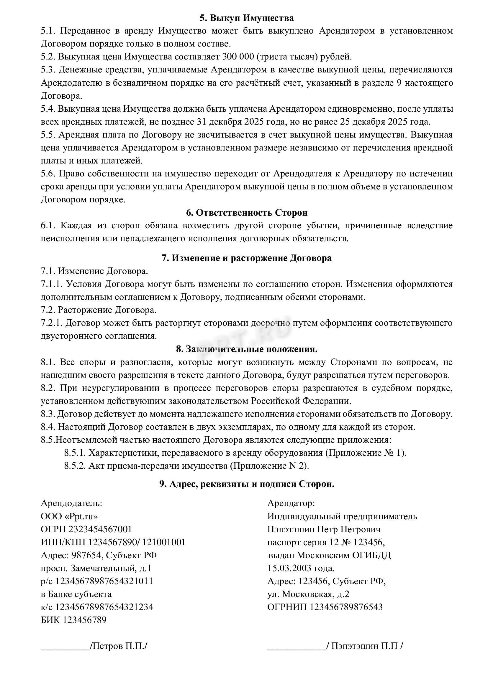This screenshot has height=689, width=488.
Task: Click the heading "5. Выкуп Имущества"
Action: (246, 18)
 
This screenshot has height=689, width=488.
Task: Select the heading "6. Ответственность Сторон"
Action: (247, 213)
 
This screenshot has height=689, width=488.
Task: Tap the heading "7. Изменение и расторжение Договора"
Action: (247, 258)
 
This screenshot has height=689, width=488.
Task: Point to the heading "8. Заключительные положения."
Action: (247, 349)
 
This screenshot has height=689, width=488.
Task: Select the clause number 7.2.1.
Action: (51, 323)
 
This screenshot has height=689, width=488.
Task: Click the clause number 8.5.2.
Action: (75, 466)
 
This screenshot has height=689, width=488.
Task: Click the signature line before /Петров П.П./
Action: (65, 647)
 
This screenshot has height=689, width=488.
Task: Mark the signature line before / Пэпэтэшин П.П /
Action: (297, 647)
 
